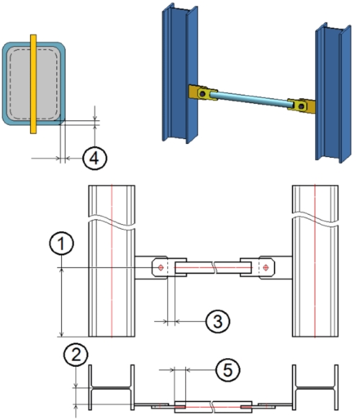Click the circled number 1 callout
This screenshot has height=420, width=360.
(61, 243)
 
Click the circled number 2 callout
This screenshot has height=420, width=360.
(76, 354)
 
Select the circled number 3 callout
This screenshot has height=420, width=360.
(217, 321)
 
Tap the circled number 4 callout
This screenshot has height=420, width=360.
(94, 158)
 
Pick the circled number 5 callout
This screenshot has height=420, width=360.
(228, 370)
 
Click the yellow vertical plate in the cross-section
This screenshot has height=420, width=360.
(33, 84)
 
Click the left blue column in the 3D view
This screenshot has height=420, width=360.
(179, 73)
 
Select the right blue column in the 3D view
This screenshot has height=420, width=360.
(333, 93)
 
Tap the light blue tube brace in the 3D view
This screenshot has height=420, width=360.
(251, 99)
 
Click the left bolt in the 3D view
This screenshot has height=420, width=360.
(202, 94)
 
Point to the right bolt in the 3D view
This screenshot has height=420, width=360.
(302, 107)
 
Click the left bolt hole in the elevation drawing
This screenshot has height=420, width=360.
(161, 267)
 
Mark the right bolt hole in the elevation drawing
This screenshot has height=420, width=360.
(266, 267)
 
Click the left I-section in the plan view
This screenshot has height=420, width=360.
(112, 388)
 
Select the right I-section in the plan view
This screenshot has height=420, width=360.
(315, 388)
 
